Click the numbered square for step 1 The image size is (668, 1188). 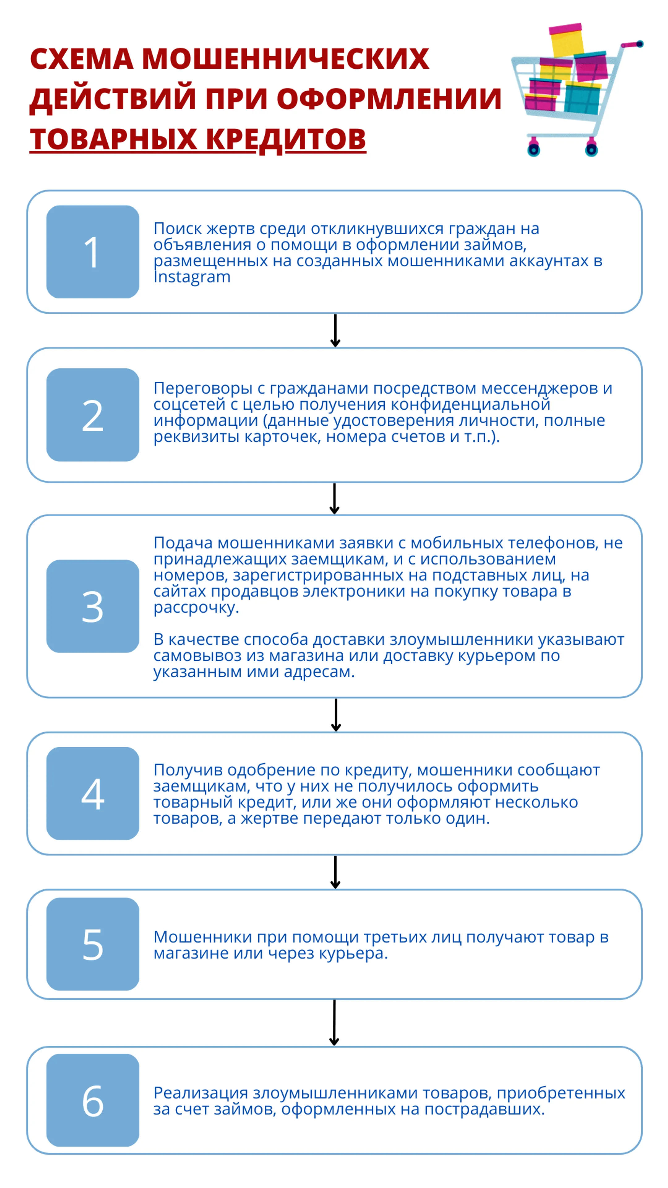pos(93,252)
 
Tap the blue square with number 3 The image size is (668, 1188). pos(93,606)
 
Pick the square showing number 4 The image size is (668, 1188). pos(93,793)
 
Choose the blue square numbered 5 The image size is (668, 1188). pos(93,944)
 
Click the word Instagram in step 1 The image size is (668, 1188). pos(192,277)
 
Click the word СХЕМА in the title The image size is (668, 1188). pos(82,59)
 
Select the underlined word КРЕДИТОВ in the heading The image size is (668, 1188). pos(286,139)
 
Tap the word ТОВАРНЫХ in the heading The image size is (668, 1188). pos(113,139)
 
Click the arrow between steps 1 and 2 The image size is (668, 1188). pos(335,330)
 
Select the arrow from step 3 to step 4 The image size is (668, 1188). pos(336,715)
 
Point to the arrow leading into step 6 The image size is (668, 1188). pos(334,1022)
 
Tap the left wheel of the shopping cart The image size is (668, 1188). pos(533,149)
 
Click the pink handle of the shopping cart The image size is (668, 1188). pos(632,44)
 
